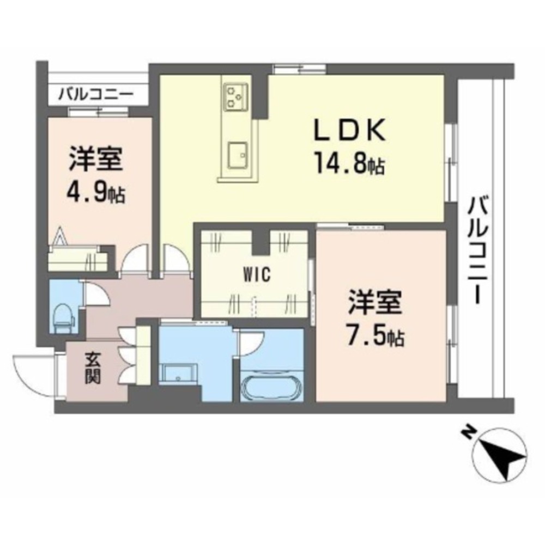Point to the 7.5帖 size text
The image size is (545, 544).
pos(375,335)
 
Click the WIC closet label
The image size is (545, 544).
pos(257,276)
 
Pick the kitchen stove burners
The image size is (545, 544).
pos(235,96)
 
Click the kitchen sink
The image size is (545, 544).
pos(238,155)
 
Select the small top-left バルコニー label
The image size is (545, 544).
pos(96,95)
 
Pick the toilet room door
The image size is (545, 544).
pos(96,294)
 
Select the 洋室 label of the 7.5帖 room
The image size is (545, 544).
pos(375,302)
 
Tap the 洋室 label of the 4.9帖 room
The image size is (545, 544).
pos(96,159)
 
